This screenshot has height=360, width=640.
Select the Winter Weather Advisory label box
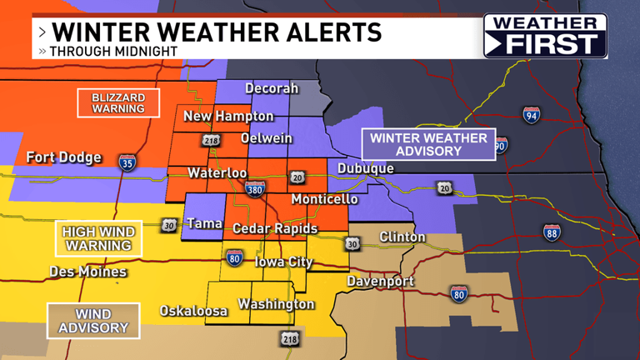417,144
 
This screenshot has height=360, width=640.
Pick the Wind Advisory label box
93,321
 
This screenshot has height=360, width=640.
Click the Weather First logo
545,36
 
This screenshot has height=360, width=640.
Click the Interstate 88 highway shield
552,232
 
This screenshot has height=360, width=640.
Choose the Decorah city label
271,88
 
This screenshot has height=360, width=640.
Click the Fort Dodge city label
63,157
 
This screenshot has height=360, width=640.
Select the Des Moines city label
87,272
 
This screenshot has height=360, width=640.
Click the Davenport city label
380,281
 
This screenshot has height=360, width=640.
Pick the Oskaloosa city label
193,311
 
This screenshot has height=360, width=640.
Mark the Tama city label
203,223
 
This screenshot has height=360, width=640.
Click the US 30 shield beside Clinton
352,243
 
